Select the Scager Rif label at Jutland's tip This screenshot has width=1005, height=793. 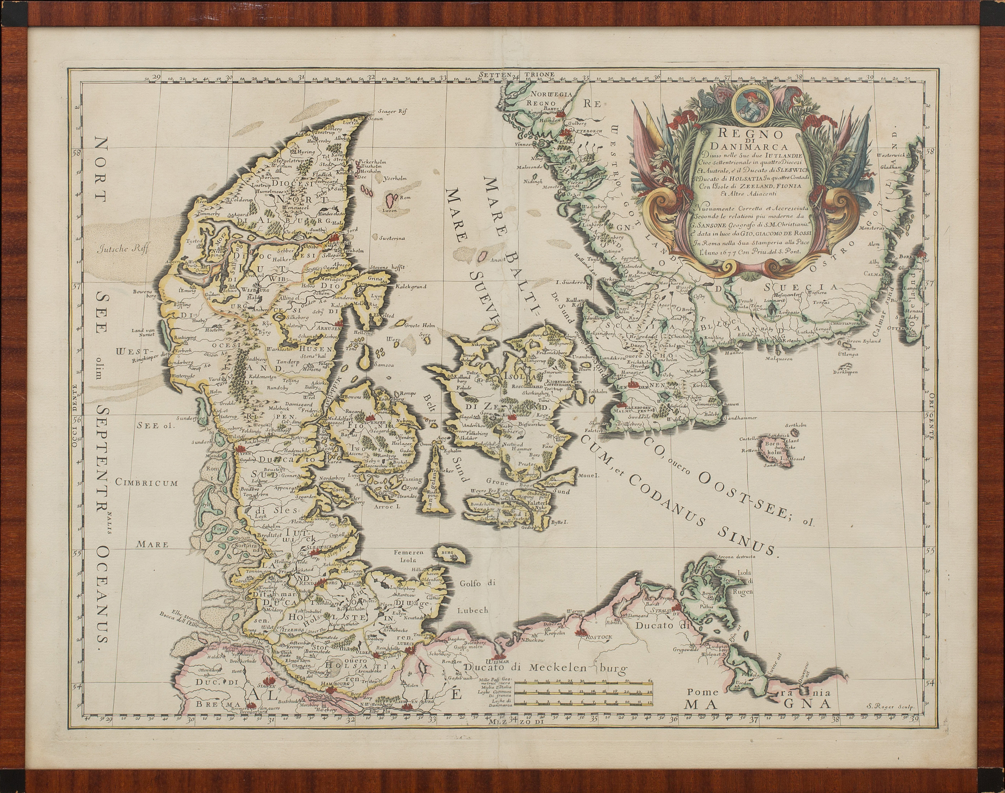(392, 111)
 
